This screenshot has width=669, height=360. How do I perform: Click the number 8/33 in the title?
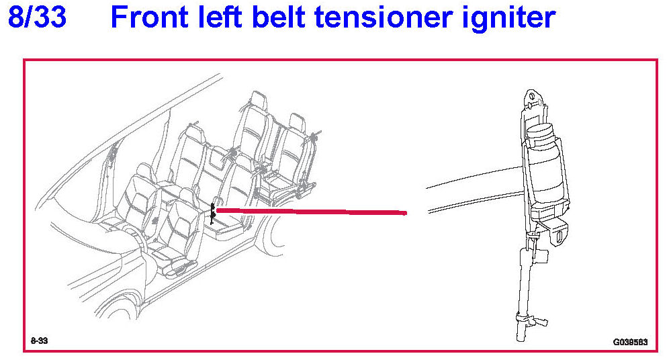click(37, 17)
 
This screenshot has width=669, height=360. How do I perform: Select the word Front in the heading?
click(153, 17)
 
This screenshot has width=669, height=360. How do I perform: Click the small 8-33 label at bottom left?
click(39, 341)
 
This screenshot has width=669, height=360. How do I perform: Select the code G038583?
click(629, 341)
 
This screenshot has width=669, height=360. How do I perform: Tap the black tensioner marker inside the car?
click(213, 213)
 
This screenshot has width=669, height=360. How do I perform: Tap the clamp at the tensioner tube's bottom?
click(522, 318)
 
